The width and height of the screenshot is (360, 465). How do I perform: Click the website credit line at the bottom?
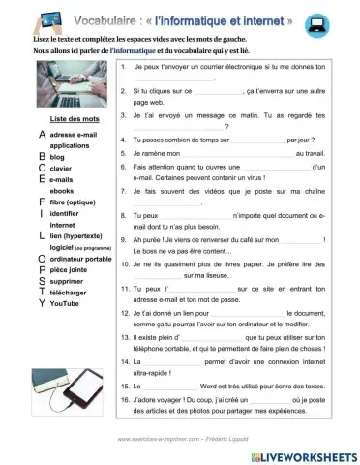pyautogui.click(x=180, y=439)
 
